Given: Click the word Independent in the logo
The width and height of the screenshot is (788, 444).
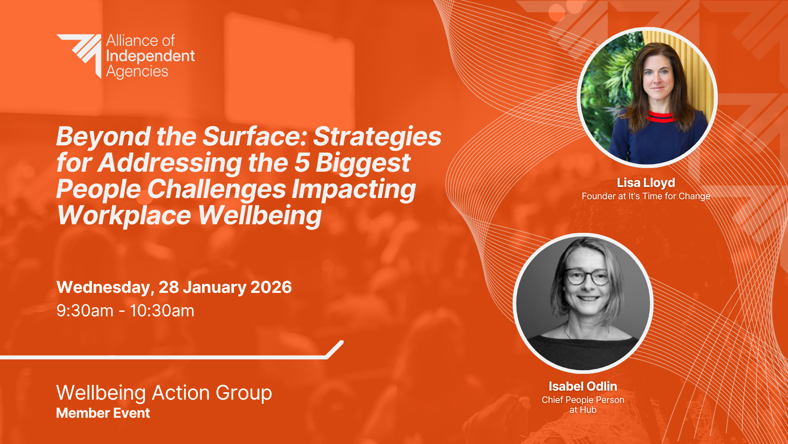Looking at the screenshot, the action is [x=151, y=56].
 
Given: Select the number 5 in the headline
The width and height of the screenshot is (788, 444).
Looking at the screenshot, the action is [x=302, y=163].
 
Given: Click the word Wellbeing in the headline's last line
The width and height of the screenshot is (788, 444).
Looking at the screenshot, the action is [x=260, y=215].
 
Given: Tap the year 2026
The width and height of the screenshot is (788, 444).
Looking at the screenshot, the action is [x=271, y=287].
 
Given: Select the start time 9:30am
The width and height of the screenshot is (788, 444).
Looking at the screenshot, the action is [x=85, y=311].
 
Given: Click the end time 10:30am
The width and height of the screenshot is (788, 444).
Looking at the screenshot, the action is [x=162, y=311].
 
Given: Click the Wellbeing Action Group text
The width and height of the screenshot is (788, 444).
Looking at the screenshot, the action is [x=164, y=393].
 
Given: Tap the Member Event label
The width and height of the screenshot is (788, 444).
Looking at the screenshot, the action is [x=103, y=413].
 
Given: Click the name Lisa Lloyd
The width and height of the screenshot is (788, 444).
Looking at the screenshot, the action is [x=646, y=183].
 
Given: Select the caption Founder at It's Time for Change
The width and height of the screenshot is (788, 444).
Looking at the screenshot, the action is [x=646, y=196].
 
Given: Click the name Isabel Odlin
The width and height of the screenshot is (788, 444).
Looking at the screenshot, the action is [x=583, y=386].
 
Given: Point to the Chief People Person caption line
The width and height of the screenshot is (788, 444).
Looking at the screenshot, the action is [x=583, y=400].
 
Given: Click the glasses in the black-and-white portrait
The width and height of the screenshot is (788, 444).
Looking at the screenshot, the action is [x=588, y=277].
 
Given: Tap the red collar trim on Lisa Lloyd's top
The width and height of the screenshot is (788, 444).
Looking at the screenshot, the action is [x=661, y=117].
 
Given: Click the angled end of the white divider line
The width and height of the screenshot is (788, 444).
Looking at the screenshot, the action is [x=335, y=349].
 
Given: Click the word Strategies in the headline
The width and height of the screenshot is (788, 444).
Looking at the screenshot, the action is [x=378, y=137].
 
